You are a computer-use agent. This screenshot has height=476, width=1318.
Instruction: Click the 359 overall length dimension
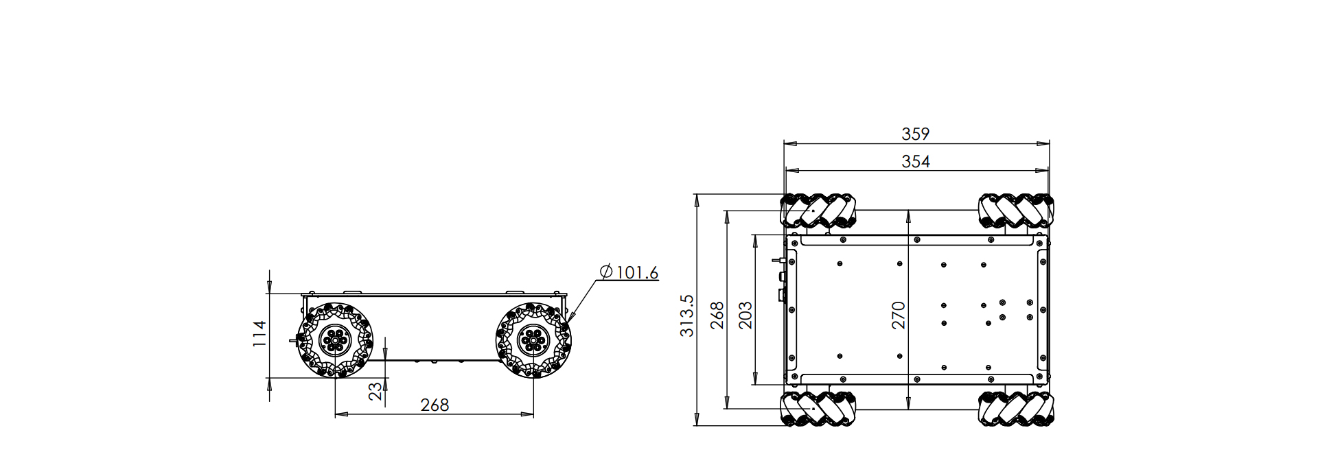click(916, 134)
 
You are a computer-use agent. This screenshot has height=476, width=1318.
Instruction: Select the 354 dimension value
click(916, 161)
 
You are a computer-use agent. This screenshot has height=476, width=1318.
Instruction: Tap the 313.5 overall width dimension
click(687, 316)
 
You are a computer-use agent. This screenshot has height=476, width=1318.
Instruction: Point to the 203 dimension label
click(745, 315)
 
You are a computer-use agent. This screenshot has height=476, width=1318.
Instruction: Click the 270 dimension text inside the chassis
click(898, 315)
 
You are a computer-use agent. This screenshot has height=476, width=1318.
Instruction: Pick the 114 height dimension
click(259, 333)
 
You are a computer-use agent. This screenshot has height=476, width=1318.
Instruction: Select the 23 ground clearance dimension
click(375, 391)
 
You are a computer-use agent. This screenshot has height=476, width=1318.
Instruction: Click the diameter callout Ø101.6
click(629, 272)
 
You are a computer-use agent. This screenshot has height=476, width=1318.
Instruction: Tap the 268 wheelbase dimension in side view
click(435, 405)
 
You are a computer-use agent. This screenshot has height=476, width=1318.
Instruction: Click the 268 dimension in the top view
click(717, 315)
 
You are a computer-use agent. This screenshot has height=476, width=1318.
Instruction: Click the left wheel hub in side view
click(335, 339)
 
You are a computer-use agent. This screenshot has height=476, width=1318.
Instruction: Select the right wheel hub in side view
click(533, 339)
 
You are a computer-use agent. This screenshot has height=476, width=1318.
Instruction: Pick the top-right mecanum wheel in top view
click(1015, 211)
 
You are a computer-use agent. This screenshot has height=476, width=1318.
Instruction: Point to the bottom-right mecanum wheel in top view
click(1015, 409)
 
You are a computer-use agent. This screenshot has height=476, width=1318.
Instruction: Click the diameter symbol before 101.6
click(606, 272)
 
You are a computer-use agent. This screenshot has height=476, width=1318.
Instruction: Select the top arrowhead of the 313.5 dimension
click(696, 200)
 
